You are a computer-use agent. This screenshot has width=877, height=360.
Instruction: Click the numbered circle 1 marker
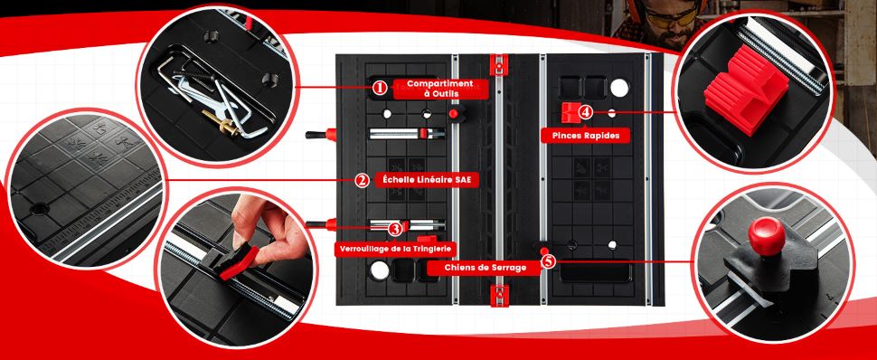point(380,88)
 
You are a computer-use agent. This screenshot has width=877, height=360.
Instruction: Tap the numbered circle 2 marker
point(362,180)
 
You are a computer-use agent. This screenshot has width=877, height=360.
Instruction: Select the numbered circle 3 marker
point(395,229)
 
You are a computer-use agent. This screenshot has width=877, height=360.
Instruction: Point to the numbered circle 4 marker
point(585,112)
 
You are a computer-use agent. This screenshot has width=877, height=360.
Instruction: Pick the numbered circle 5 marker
point(549,261)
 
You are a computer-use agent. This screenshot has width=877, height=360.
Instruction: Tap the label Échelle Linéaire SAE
point(423,180)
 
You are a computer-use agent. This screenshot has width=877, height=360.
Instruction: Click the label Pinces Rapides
point(580,135)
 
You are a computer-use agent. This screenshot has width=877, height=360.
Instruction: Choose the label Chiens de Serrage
point(486,268)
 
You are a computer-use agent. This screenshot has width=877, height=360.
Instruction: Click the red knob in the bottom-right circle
point(767,236)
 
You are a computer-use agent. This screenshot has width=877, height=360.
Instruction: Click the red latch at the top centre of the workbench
point(498,63)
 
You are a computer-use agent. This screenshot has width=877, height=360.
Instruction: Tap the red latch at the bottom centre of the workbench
point(499,295)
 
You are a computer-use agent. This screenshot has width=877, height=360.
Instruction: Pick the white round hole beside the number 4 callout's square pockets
point(619,88)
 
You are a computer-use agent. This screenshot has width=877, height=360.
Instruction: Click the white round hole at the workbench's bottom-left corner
point(379,270)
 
